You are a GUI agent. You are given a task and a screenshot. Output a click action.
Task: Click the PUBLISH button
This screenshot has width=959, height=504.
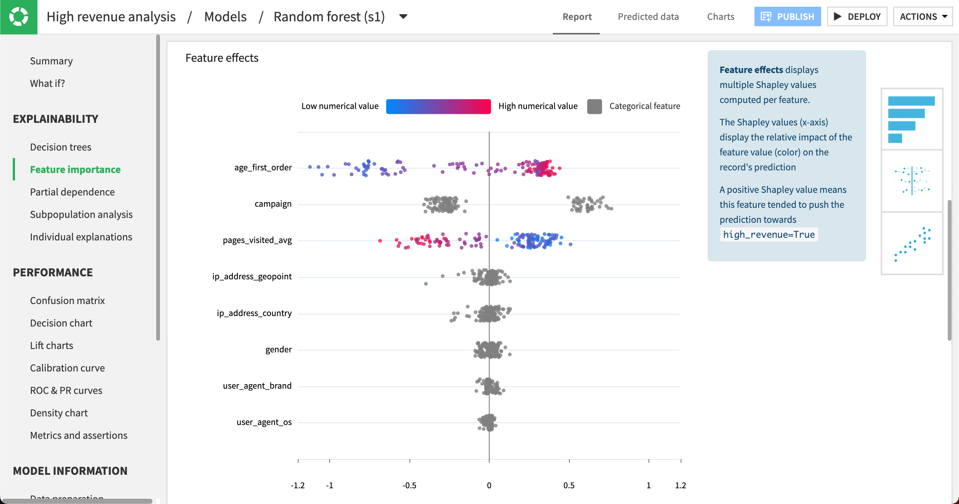coord(787,16)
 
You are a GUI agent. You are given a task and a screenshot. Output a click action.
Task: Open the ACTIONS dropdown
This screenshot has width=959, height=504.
coord(923,16)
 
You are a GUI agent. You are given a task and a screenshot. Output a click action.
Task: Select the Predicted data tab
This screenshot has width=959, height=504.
coord(648,16)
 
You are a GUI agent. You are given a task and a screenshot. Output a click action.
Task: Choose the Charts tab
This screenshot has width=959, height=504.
coord(720,16)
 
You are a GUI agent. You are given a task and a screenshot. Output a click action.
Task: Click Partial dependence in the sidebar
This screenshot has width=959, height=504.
coord(72,192)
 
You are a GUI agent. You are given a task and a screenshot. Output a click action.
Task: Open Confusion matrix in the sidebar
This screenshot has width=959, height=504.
coord(67,300)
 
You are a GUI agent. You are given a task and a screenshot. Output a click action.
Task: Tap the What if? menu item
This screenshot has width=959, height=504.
coord(47,83)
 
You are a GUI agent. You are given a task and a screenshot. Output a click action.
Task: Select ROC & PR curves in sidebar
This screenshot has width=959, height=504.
coord(66,390)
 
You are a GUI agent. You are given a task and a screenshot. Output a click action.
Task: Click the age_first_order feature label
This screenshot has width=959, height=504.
coord(263,167)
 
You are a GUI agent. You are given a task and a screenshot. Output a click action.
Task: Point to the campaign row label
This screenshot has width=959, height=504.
coord(273,204)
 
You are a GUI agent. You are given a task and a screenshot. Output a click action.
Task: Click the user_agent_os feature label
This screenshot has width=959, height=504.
coord(264,422)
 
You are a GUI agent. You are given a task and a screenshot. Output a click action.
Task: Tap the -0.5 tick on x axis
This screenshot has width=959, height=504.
coord(409,485)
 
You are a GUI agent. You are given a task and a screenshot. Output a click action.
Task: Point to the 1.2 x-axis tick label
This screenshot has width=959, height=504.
coord(680,485)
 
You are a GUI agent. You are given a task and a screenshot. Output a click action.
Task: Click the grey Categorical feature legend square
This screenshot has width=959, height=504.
coord(595,106)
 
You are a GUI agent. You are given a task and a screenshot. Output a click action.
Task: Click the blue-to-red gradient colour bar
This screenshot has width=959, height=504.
coord(438,106)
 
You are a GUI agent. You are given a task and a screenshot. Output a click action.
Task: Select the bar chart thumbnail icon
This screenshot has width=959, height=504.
coord(911,119)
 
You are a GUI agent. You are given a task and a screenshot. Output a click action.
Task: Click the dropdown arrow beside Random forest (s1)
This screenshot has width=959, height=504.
coord(403,16)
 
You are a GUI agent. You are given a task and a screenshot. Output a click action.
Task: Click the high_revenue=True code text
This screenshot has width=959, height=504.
coord(769,234)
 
